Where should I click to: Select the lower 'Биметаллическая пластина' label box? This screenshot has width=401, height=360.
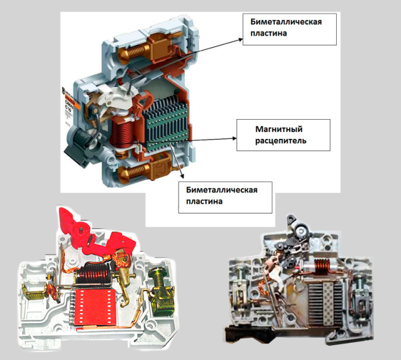click(x=226, y=195)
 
